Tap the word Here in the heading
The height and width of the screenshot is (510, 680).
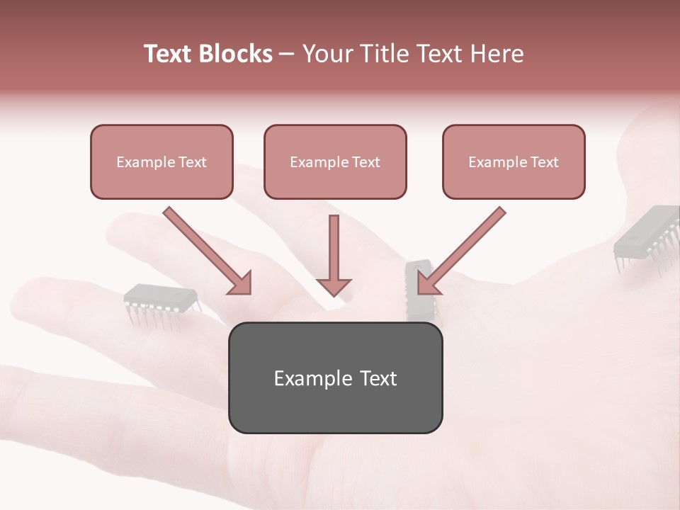pos(497,54)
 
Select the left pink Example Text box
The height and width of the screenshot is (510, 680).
pos(161,161)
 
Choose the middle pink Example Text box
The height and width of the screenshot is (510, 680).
pos(335,161)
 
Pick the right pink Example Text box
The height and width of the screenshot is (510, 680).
pos(514,161)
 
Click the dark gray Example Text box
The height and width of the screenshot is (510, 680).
pos(335,378)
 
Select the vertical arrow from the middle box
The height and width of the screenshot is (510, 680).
pos(334,251)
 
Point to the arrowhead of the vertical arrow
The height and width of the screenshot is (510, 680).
pos(334,286)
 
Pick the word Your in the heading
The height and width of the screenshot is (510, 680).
pos(326,54)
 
